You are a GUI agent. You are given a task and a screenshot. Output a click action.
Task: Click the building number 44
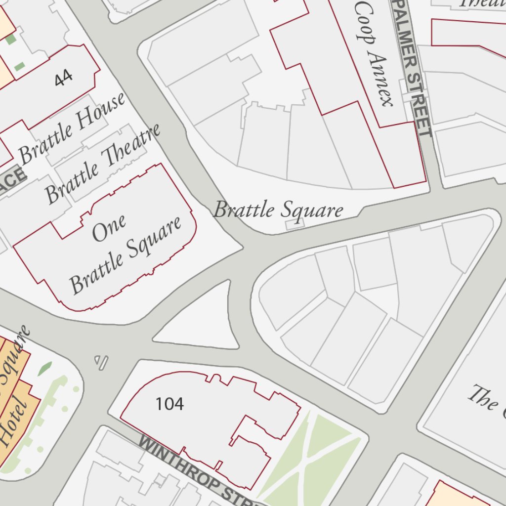pos(64,78)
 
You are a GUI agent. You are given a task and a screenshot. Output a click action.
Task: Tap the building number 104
pos(169,404)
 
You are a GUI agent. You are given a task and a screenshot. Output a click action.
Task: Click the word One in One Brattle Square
pos(109,228)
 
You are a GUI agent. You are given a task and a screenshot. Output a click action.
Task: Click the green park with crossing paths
pos(311,455)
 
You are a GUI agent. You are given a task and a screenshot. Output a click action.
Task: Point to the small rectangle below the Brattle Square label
pos(295,224)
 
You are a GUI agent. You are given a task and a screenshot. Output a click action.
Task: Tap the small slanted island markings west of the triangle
pos(101,362)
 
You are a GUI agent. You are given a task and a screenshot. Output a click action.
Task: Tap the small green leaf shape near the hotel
pos(45,368)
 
